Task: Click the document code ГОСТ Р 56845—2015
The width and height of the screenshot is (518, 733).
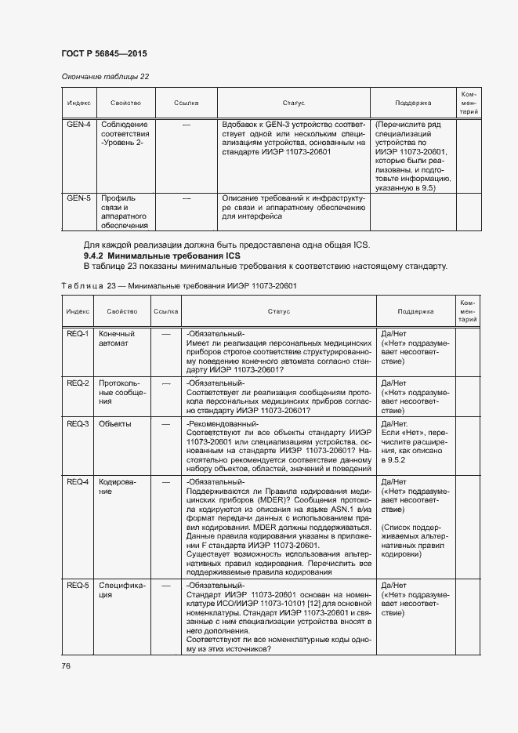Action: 103,53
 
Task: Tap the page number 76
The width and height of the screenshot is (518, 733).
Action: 66,666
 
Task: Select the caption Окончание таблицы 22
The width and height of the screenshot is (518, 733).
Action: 105,76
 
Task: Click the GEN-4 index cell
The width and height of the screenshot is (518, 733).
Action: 78,125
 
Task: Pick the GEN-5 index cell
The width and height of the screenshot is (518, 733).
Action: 78,198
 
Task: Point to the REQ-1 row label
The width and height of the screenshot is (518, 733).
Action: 78,333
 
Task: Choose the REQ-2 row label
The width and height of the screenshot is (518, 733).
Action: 78,383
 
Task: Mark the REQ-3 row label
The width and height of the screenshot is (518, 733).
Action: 78,423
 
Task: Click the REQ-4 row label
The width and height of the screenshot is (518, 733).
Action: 78,481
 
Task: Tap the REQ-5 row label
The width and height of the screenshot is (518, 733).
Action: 78,586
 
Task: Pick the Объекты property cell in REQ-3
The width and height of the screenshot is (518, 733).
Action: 115,423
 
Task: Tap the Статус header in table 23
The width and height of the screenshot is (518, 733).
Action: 278,311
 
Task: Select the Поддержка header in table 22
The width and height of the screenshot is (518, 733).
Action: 413,103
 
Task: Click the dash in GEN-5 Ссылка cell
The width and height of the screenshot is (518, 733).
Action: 187,198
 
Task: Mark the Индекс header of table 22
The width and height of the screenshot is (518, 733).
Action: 78,103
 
